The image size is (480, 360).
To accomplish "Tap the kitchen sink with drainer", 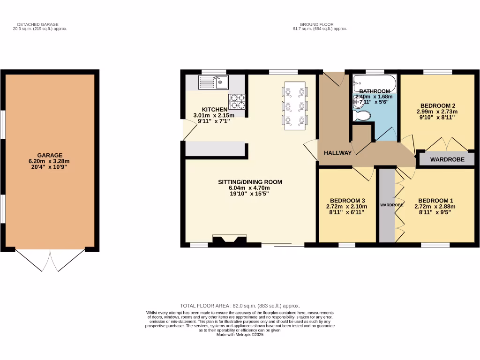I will (x=213, y=83).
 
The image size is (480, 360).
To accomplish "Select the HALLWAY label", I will (x=337, y=153).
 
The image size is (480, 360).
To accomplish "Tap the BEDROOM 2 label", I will (x=438, y=105).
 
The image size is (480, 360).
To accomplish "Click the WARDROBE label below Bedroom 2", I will (x=447, y=159).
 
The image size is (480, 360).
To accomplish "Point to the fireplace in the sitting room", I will (x=230, y=240).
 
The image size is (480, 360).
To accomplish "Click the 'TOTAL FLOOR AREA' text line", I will (x=240, y=306).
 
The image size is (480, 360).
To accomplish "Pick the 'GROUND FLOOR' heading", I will (x=316, y=24).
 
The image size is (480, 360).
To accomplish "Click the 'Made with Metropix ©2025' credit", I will (x=240, y=334).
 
